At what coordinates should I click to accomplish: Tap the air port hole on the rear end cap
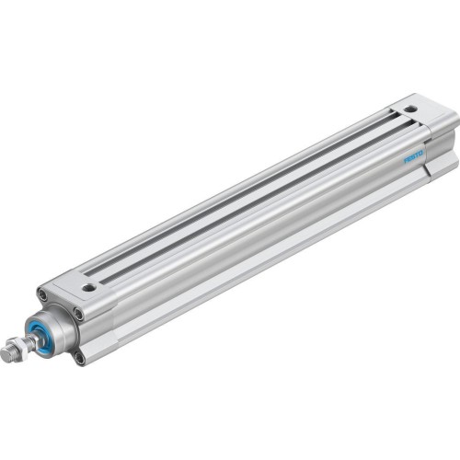pos(410,110)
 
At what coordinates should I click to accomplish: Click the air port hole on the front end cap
pos(88,287)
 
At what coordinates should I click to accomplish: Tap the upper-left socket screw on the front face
pos(42,294)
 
